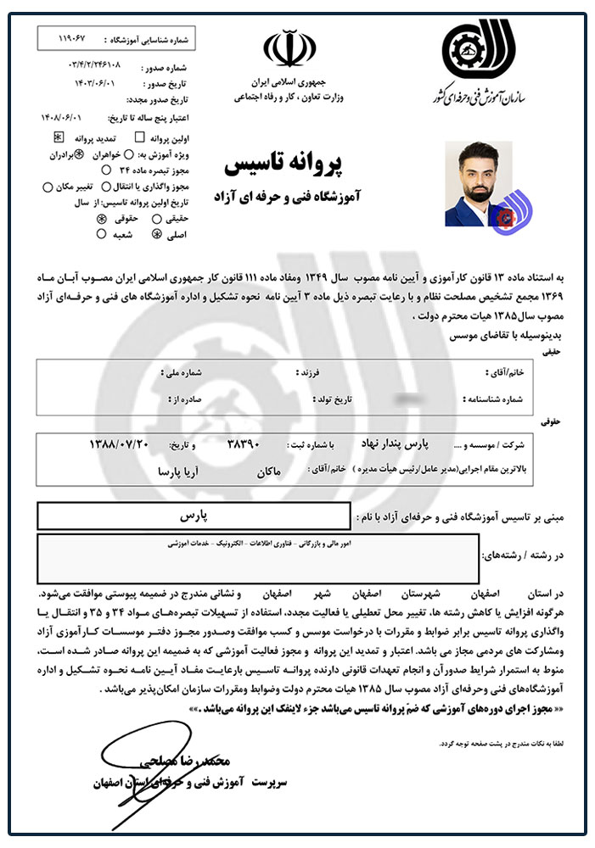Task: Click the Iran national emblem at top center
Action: click(289, 48)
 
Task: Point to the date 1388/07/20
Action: click(119, 444)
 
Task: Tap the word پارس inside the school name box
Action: click(197, 515)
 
